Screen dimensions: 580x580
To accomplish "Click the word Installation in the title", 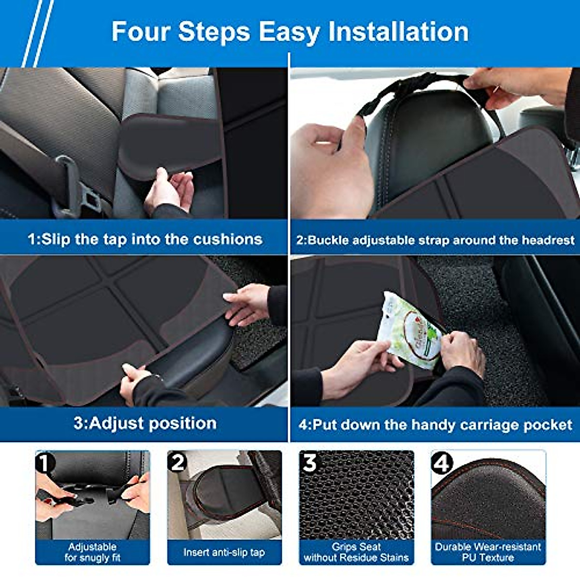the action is click(x=398, y=31).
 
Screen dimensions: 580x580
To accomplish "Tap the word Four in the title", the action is click(x=141, y=31).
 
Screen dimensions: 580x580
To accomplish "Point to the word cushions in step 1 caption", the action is click(x=228, y=239).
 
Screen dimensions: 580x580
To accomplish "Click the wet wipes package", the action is click(x=409, y=330).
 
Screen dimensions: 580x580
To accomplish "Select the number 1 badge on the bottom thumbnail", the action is click(x=44, y=463).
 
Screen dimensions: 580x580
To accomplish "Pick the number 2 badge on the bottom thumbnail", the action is click(x=177, y=463).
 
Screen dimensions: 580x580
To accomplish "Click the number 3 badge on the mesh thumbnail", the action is click(x=309, y=463).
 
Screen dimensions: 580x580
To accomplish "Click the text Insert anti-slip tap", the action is click(x=224, y=552).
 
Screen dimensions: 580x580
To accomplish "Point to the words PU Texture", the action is click(x=488, y=557).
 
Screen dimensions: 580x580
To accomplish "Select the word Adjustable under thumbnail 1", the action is click(x=92, y=547).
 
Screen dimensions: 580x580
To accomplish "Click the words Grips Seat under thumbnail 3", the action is click(x=356, y=546).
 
